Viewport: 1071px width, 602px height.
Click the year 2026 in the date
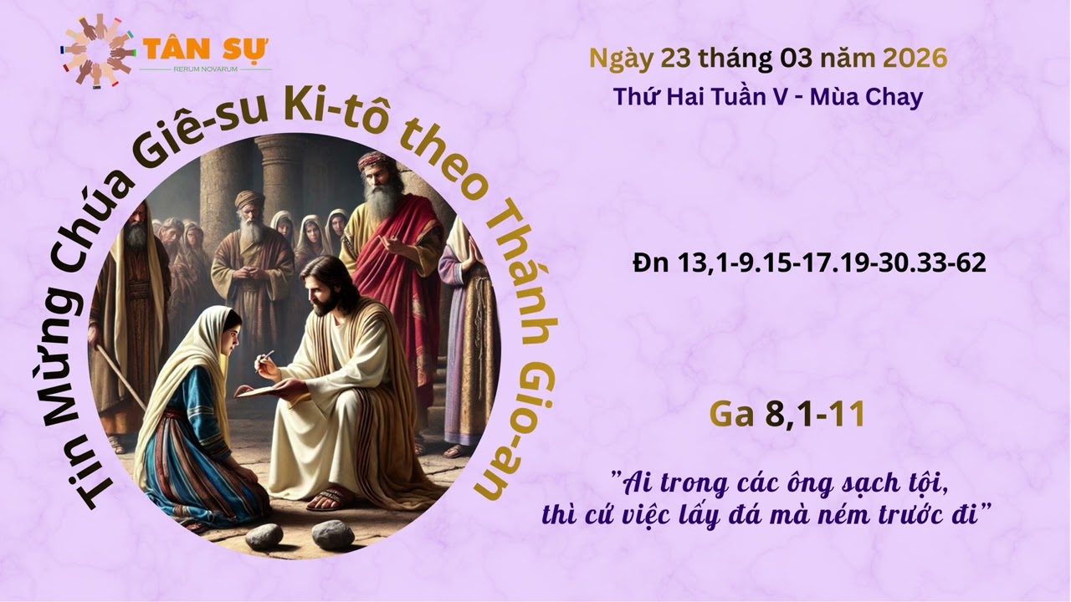pos(915,59)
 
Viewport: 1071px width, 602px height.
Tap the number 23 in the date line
pos(675,59)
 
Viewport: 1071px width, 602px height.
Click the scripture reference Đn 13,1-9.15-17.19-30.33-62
pos(809,263)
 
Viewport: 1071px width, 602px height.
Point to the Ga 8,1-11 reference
pos(787,414)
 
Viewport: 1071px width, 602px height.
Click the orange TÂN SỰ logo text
pos(206,48)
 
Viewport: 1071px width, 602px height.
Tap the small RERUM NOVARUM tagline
pos(206,69)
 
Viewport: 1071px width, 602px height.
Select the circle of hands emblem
pos(97,51)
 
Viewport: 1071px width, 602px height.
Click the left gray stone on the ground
pos(264,536)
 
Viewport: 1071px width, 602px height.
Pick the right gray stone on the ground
pos(333,534)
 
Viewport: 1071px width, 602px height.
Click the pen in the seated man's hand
pos(266,359)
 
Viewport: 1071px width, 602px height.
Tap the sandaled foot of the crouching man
pos(330,499)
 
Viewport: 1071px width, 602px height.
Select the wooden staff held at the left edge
pos(121,376)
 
